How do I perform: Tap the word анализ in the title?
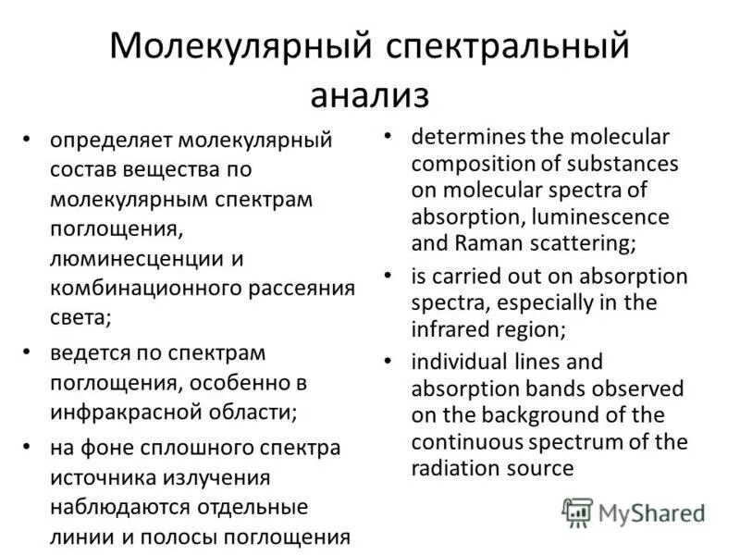click(370, 93)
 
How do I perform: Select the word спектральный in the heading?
click(508, 47)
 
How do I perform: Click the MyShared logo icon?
click(578, 512)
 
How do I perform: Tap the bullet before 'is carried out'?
click(390, 275)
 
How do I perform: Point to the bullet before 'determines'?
click(390, 136)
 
